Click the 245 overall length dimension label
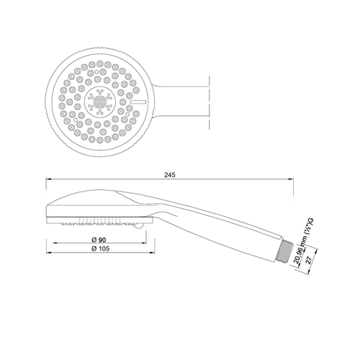coord(170,175)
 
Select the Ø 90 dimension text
coord(99,240)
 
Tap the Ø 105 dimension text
coord(100,248)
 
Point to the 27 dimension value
coord(310,260)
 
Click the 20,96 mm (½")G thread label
coord(303,241)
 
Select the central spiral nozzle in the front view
coord(100,102)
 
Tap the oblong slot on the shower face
coord(138,102)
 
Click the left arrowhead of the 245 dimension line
coord(49,179)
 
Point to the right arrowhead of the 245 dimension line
coord(290,179)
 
